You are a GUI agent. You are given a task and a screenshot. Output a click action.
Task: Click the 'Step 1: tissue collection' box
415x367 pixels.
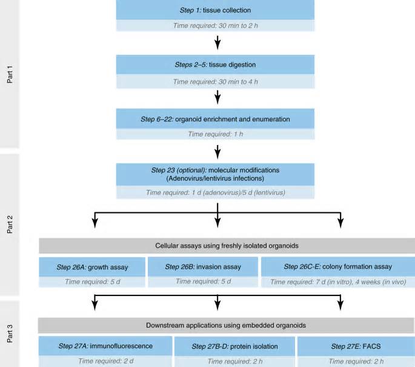tap(215, 10)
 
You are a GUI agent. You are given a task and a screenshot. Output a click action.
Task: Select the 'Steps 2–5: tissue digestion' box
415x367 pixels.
tap(215, 65)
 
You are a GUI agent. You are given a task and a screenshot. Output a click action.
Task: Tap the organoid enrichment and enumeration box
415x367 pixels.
tap(215, 119)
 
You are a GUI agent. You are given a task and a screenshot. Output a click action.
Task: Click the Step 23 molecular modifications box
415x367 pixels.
tap(215, 174)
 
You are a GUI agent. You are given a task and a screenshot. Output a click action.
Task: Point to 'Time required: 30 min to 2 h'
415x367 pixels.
tap(215, 25)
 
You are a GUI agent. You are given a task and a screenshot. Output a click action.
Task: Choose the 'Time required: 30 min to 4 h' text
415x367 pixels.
tap(215, 82)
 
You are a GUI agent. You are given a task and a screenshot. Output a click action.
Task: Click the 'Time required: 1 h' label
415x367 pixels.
tap(215, 134)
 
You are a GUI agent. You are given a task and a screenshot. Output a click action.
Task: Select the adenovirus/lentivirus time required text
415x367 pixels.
tap(215, 192)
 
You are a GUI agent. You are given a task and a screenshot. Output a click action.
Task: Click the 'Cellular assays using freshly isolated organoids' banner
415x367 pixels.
tap(227, 246)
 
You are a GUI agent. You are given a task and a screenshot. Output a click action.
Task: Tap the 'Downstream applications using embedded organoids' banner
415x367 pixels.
tap(226, 325)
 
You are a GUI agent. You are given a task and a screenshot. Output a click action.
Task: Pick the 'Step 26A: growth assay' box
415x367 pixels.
tap(92, 267)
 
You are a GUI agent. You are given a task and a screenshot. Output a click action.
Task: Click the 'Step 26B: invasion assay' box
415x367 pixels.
tap(203, 266)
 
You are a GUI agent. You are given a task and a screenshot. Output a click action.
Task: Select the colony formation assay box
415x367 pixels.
tap(338, 266)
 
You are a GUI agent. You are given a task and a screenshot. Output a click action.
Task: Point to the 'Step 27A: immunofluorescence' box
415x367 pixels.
tap(105, 346)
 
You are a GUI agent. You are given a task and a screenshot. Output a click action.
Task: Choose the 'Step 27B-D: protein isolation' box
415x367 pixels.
tap(234, 346)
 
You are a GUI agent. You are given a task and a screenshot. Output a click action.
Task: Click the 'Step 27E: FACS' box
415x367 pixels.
tap(356, 346)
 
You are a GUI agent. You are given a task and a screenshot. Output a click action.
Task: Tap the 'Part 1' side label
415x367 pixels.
tap(10, 75)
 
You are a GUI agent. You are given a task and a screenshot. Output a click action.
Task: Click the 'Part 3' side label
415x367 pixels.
tap(10, 334)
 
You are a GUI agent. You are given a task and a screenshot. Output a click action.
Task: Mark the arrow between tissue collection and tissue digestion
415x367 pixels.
tap(217, 42)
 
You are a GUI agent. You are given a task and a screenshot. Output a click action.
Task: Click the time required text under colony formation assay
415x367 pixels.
tap(338, 281)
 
